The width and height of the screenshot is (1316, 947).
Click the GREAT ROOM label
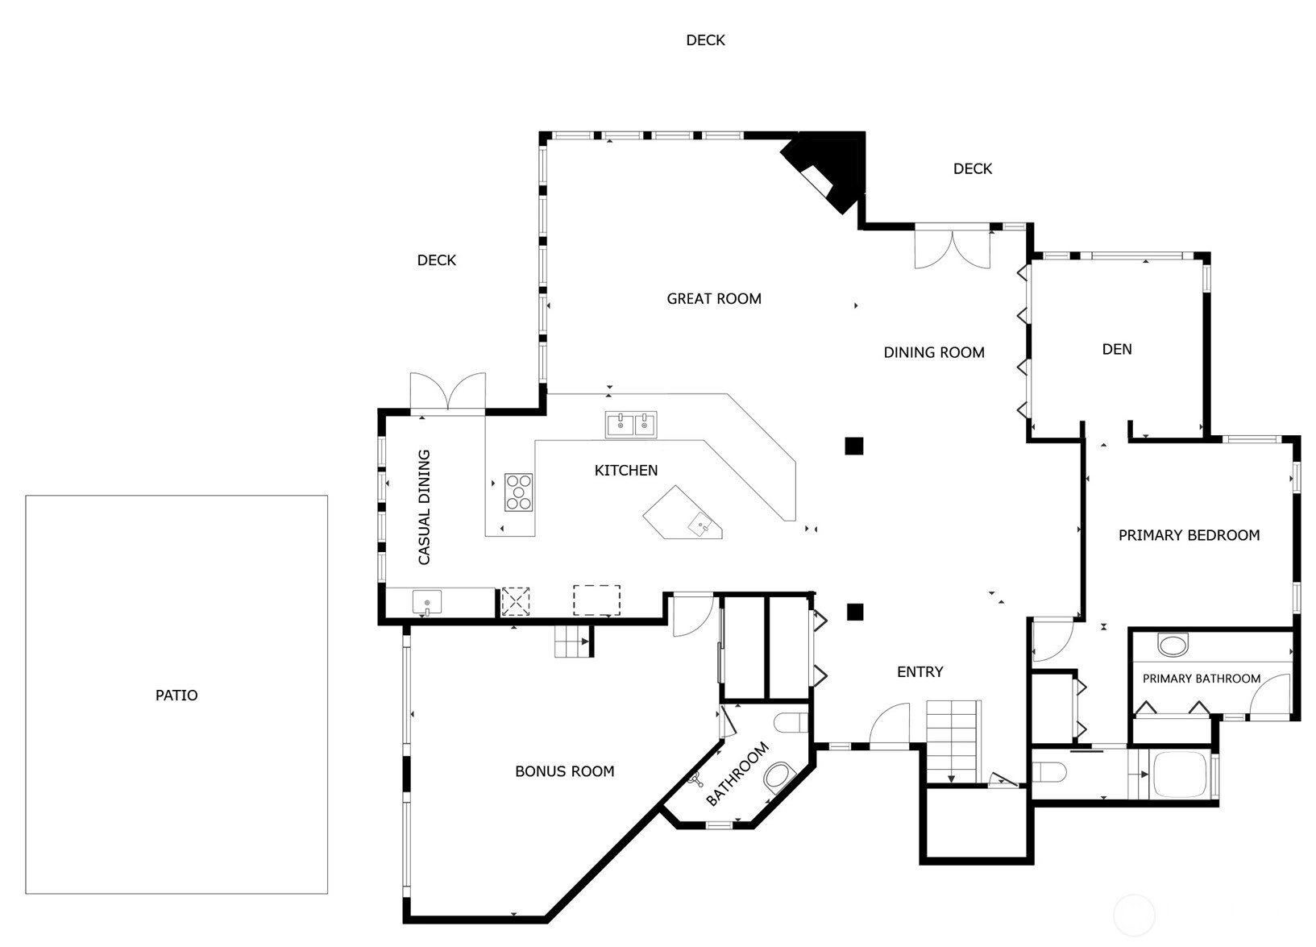[x=714, y=299]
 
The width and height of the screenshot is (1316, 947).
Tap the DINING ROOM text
[x=934, y=352]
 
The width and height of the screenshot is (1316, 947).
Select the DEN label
[x=1117, y=350]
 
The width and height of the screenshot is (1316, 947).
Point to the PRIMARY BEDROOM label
[x=1189, y=535]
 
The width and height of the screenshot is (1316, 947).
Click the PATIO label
[x=176, y=696]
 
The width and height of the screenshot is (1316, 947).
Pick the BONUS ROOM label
[x=565, y=771]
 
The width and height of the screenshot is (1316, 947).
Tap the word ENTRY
[x=920, y=672]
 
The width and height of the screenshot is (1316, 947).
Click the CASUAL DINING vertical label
[x=424, y=507]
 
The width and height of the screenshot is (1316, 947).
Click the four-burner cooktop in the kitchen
[x=519, y=492]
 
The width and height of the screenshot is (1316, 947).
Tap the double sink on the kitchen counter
[x=631, y=424]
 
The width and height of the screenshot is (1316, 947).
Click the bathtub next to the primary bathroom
[x=1181, y=774]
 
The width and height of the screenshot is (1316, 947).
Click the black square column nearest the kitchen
[x=854, y=447]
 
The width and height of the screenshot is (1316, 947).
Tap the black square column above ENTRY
[x=855, y=613]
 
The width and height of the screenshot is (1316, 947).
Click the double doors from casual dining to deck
[x=448, y=393]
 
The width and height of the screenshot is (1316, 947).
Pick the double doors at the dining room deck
[x=953, y=247]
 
